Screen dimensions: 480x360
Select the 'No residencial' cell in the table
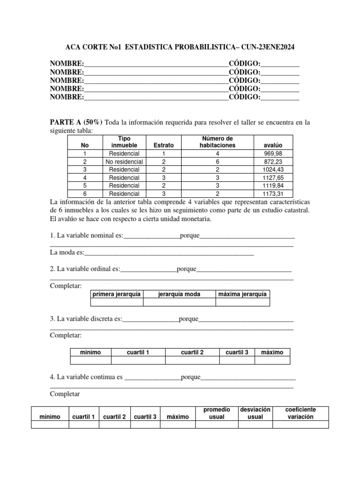coord(124,162)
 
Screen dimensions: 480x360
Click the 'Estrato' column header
coord(164,145)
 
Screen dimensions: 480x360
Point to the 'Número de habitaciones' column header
coord(217,142)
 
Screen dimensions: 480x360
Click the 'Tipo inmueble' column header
coord(124,142)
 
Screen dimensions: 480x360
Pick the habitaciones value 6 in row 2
coord(217,162)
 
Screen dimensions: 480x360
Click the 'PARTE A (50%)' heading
coord(76,122)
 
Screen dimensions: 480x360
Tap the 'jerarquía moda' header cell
coord(179,294)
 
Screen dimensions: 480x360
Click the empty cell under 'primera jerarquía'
coord(116,302)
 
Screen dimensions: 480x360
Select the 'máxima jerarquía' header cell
coord(242,294)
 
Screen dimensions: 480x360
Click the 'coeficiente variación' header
coord(300,413)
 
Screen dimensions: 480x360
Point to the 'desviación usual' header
coord(255,413)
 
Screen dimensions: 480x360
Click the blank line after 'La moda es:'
coord(169,253)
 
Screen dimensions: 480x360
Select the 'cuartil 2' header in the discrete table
coord(192,352)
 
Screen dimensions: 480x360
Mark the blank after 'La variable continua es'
coord(153,377)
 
